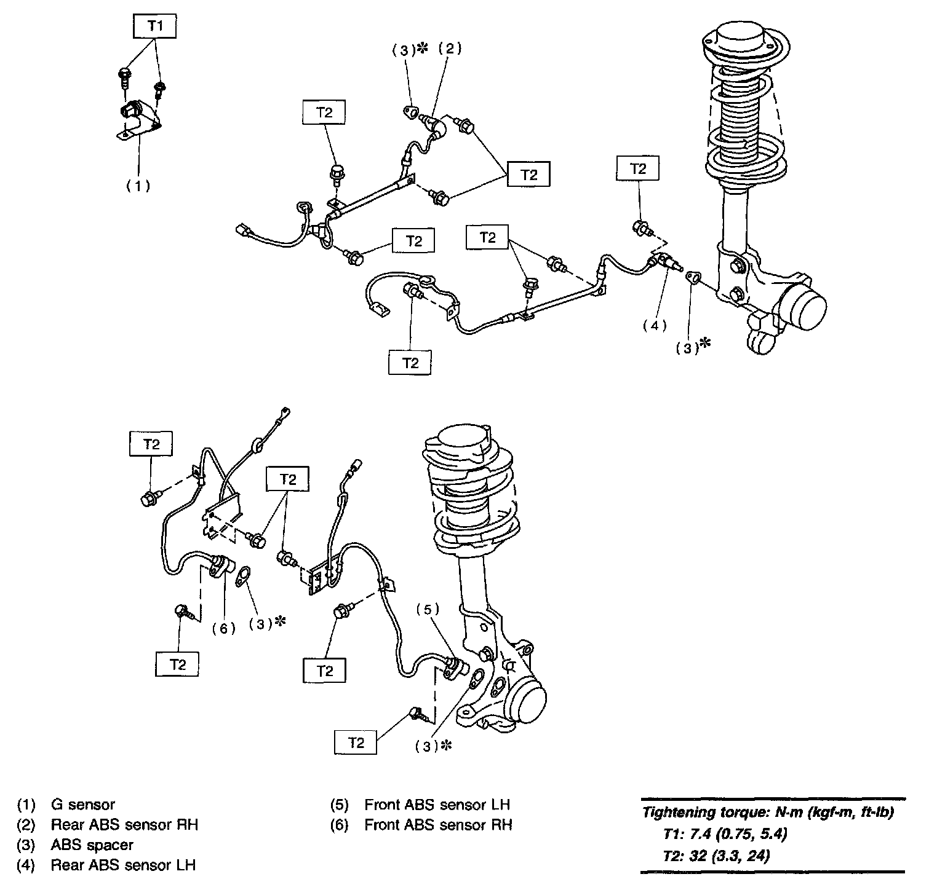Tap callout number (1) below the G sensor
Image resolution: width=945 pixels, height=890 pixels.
(138, 185)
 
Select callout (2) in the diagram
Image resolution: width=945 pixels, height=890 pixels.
(449, 49)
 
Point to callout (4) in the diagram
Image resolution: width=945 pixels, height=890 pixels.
(655, 326)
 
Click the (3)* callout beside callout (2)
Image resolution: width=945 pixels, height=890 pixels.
(409, 50)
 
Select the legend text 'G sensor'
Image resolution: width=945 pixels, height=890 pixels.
(82, 805)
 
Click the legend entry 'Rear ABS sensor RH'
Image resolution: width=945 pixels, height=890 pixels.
(124, 825)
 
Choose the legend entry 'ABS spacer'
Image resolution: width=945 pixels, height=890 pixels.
(92, 845)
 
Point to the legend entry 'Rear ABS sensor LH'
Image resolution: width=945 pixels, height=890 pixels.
(123, 865)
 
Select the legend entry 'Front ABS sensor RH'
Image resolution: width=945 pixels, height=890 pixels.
(438, 825)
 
